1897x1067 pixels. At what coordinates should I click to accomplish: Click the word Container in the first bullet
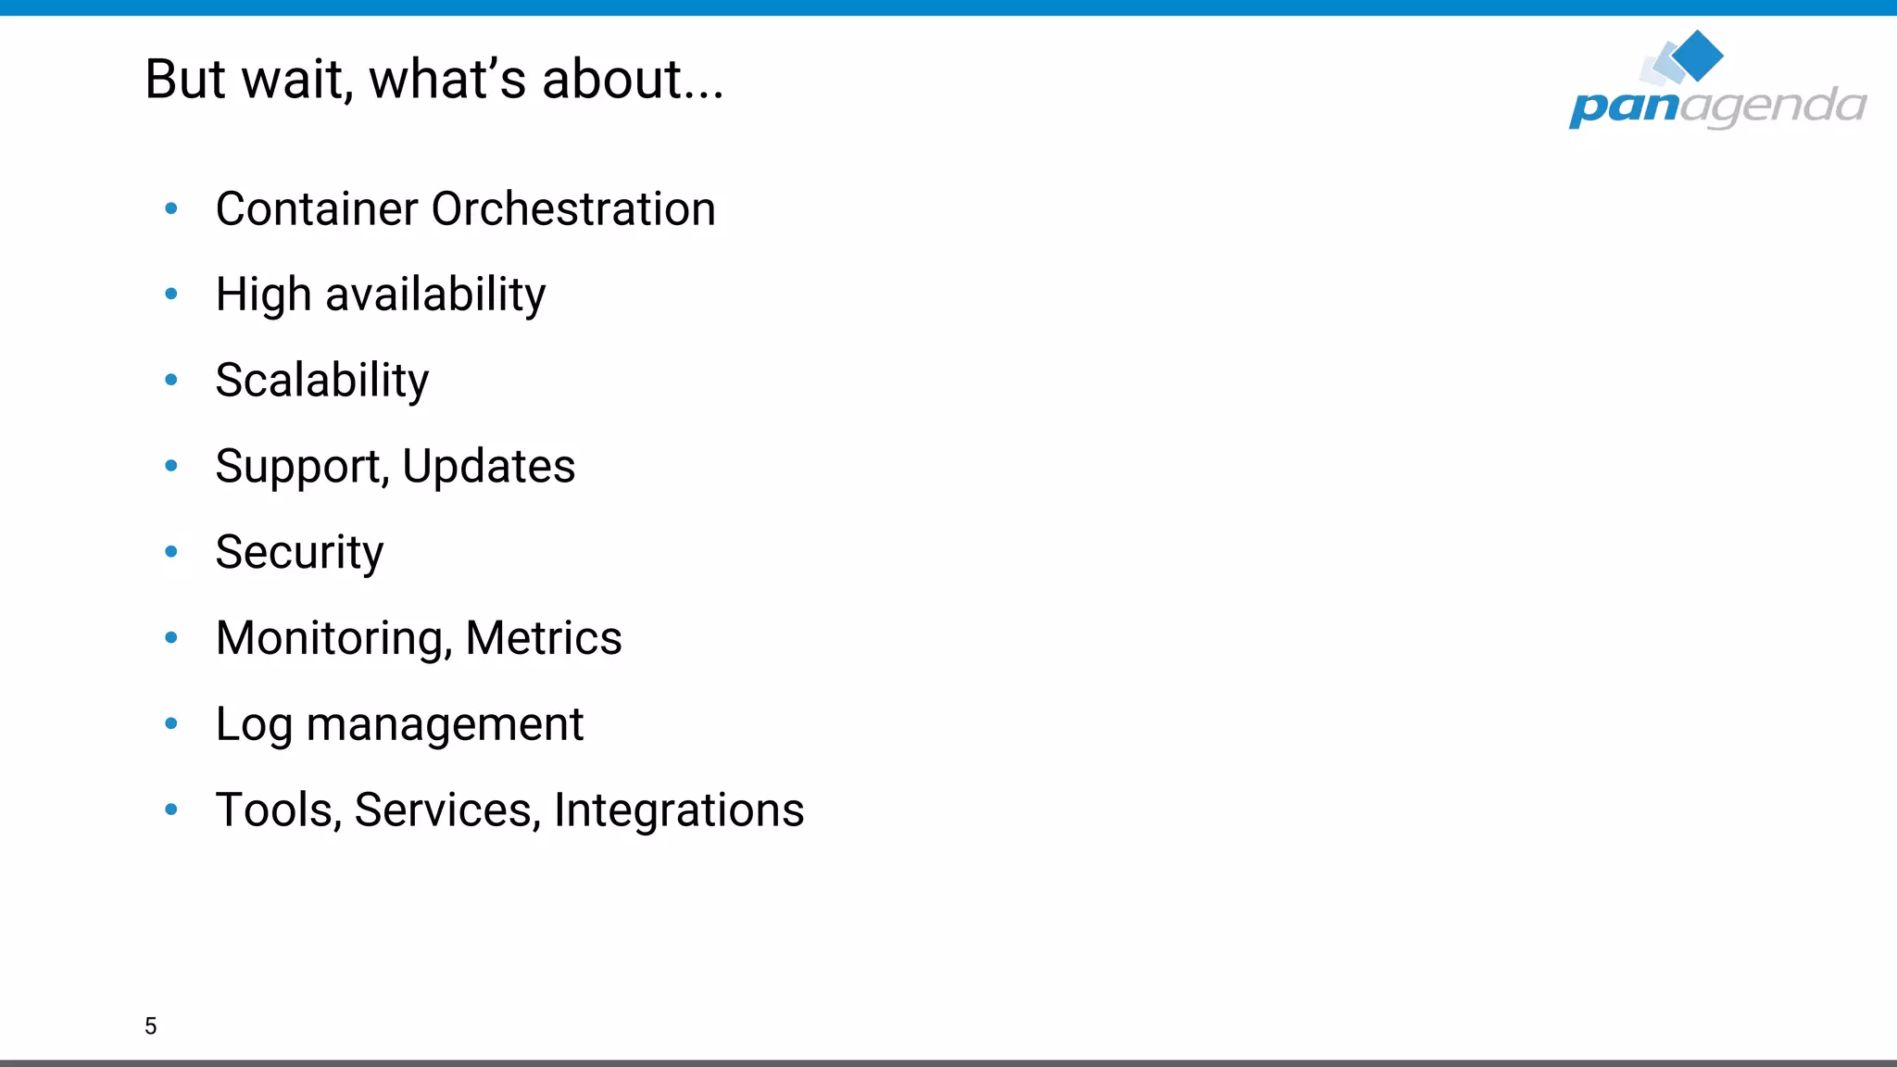(317, 208)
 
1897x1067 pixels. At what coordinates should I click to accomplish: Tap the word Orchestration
(573, 208)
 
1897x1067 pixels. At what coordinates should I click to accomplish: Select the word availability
(435, 295)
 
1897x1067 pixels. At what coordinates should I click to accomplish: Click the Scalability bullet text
(321, 381)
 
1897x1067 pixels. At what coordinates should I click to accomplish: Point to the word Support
(302, 467)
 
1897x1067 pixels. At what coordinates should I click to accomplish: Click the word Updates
(488, 467)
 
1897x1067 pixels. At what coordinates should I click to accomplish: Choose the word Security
(299, 553)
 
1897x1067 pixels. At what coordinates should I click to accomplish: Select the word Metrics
(544, 638)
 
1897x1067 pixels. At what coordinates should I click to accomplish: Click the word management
(445, 725)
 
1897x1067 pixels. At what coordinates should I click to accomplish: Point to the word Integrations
(679, 810)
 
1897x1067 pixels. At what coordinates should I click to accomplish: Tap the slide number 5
(151, 1025)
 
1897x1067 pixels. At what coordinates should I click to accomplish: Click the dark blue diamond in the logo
(1698, 56)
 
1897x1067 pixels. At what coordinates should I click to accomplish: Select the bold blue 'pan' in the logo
(1624, 107)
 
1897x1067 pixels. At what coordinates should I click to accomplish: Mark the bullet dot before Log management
(171, 723)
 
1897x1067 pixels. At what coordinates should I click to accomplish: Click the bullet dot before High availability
(171, 295)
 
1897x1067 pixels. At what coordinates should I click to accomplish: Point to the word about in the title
(612, 80)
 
